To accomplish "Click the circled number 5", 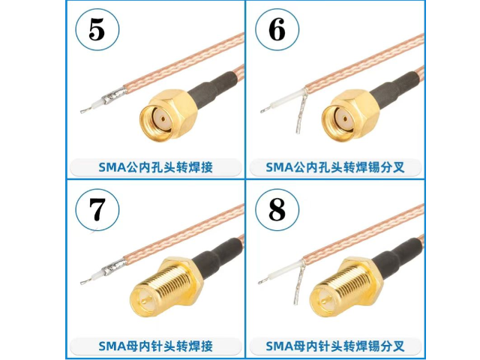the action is [97, 29].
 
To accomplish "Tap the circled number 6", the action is [277, 29].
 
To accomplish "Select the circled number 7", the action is [97, 209].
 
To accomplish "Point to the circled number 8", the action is [277, 209].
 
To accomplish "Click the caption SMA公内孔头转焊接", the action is [155, 167].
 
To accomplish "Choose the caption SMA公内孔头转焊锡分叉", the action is [335, 167].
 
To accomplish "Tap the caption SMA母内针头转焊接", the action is [155, 346].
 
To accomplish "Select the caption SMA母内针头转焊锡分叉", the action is [335, 346].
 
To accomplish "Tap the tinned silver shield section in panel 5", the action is [115, 95].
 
